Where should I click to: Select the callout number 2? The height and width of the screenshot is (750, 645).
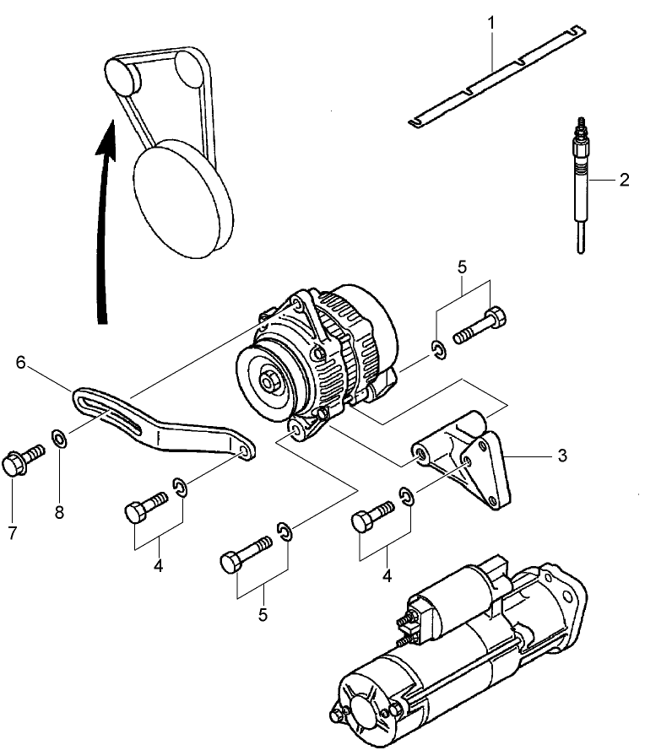coord(623,180)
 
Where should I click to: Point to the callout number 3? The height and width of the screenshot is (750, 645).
coord(561,456)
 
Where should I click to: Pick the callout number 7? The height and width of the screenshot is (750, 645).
coord(12,533)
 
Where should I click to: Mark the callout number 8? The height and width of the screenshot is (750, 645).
coord(59,511)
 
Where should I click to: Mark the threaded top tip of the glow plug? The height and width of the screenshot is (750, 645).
coord(581,127)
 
